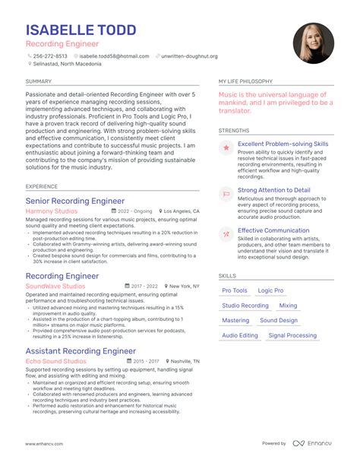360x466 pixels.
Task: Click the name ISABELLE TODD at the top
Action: click(81, 30)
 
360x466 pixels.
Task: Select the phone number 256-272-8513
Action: click(50, 55)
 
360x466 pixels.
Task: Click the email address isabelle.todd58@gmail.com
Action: click(114, 55)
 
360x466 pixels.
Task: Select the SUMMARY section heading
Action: click(39, 81)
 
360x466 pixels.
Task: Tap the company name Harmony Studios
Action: click(51, 211)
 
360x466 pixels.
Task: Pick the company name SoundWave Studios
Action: click(55, 287)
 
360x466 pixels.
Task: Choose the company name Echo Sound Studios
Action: click(55, 361)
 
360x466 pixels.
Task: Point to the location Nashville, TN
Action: click(185, 361)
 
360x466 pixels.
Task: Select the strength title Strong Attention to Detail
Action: click(274, 190)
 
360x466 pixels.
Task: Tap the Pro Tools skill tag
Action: click(235, 290)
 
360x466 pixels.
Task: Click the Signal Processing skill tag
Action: click(292, 335)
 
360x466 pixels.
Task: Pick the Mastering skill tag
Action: click(235, 320)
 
